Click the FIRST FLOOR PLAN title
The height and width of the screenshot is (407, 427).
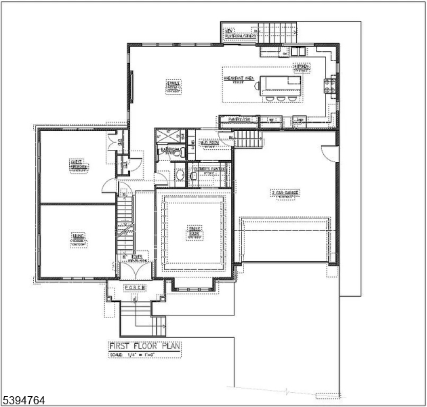click(145, 346)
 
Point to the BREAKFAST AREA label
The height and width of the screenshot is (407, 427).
click(239, 79)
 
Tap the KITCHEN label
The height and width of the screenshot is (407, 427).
click(301, 68)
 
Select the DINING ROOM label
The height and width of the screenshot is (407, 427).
click(195, 232)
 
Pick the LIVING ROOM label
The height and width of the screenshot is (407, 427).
click(77, 239)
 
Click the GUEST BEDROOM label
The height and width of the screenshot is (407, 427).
click(77, 164)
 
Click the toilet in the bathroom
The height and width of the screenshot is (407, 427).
click(180, 176)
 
